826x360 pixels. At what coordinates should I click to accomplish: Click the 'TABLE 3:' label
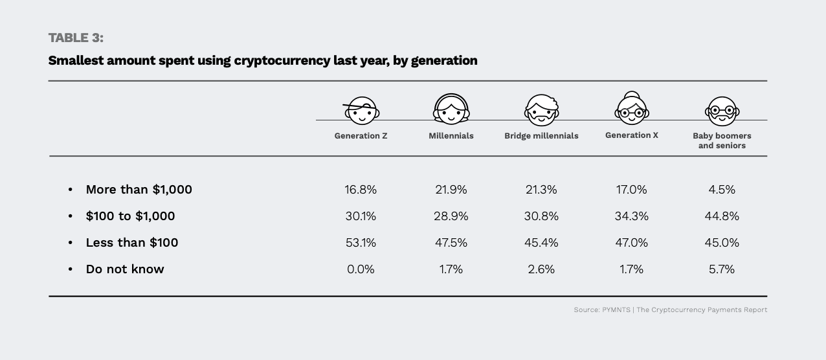pyautogui.click(x=76, y=38)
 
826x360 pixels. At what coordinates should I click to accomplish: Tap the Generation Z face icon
pyautogui.click(x=361, y=112)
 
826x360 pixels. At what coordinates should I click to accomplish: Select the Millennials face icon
pyautogui.click(x=451, y=109)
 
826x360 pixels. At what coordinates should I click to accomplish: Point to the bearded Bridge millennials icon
pyautogui.click(x=541, y=110)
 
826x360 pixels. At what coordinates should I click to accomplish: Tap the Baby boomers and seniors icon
pyautogui.click(x=722, y=111)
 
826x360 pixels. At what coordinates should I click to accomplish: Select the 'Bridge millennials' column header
pyautogui.click(x=541, y=136)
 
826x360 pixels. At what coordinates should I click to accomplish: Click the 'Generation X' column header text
pyautogui.click(x=631, y=135)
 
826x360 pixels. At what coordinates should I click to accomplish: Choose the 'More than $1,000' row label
pyautogui.click(x=139, y=190)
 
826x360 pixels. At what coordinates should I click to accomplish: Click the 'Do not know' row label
pyautogui.click(x=125, y=269)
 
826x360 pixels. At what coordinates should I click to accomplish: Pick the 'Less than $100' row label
pyautogui.click(x=132, y=243)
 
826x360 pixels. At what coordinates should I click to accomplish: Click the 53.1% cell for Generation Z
pyautogui.click(x=361, y=243)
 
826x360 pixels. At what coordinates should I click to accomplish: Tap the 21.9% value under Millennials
pyautogui.click(x=451, y=190)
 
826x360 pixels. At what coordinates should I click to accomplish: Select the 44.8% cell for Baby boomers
pyautogui.click(x=722, y=216)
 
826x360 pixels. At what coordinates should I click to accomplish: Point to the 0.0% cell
pyautogui.click(x=361, y=269)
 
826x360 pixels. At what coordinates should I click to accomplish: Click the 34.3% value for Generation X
pyautogui.click(x=631, y=216)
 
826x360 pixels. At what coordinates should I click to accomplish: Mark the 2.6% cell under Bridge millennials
pyautogui.click(x=541, y=269)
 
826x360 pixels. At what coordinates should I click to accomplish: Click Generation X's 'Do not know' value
pyautogui.click(x=631, y=269)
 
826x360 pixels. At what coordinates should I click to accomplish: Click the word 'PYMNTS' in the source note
pyautogui.click(x=615, y=310)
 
